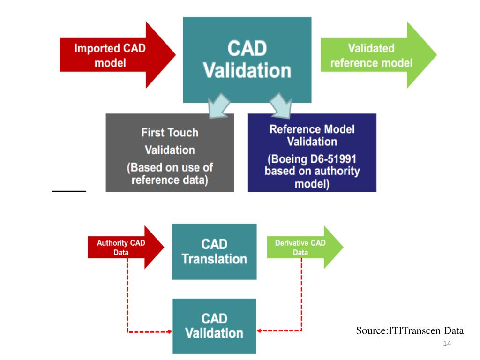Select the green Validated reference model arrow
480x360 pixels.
point(375,55)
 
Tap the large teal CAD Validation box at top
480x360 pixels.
point(247,60)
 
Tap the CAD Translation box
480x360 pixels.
point(214,252)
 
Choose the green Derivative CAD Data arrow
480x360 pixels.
point(302,247)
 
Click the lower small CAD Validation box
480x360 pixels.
point(214,326)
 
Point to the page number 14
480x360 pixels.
point(446,345)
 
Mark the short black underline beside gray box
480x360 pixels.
point(69,191)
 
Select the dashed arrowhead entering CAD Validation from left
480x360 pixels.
point(169,332)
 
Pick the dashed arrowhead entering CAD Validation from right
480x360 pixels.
point(260,330)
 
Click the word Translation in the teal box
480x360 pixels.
point(214,259)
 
